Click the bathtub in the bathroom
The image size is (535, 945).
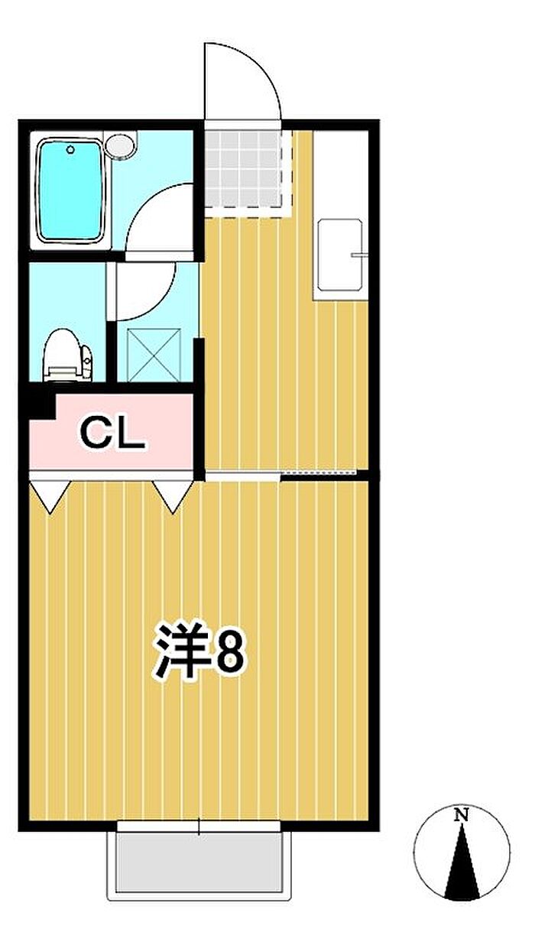[x=70, y=192]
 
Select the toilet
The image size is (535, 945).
[x=68, y=356]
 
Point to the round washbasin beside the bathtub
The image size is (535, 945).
[x=120, y=146]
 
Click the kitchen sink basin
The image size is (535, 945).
[x=340, y=255]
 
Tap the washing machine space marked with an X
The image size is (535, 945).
[x=154, y=356]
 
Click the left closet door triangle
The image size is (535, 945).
[x=50, y=496]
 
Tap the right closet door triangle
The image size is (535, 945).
[x=173, y=496]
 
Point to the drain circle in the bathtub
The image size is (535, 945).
[x=70, y=148]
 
